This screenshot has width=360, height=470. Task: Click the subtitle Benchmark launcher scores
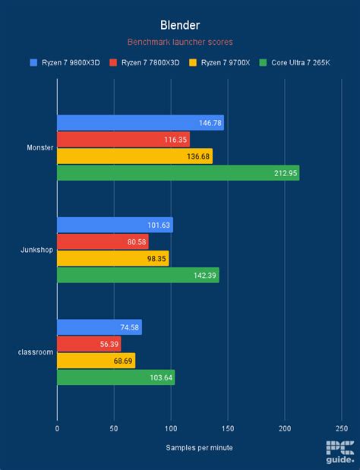point(179,43)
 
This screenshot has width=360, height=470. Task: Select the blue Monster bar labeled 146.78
point(140,123)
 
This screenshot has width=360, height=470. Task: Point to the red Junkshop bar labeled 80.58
point(103,241)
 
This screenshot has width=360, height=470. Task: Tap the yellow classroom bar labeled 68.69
point(96,361)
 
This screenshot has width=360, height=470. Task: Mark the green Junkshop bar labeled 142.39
point(137,275)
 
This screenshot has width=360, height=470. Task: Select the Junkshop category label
point(36,250)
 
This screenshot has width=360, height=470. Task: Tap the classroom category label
point(36,352)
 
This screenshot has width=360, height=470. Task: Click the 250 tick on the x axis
point(341,428)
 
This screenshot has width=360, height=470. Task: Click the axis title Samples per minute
point(199,447)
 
